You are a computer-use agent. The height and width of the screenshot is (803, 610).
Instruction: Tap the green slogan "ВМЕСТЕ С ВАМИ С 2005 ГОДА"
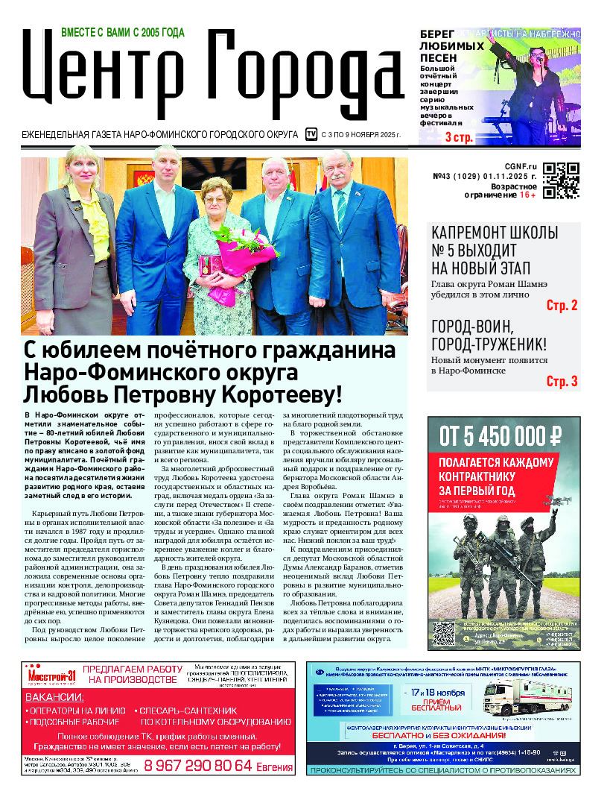[122, 33]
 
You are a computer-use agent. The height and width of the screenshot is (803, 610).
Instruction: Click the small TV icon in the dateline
[311, 134]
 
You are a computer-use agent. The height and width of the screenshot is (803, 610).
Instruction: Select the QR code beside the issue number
[561, 181]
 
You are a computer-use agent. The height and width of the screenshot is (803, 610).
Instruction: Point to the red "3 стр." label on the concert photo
[459, 137]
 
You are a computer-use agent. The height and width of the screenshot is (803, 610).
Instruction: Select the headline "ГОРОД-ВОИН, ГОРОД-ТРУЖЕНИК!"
[489, 336]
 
